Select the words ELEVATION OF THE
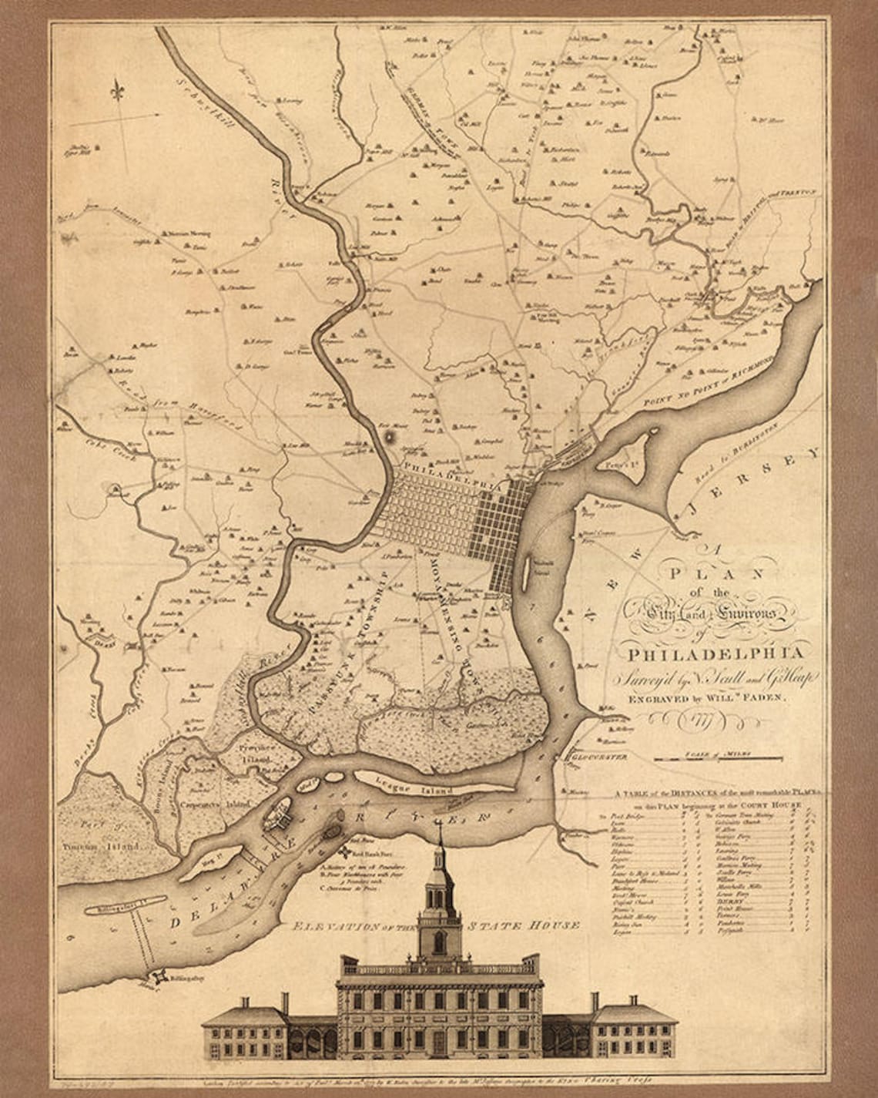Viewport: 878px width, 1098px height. (350, 925)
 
